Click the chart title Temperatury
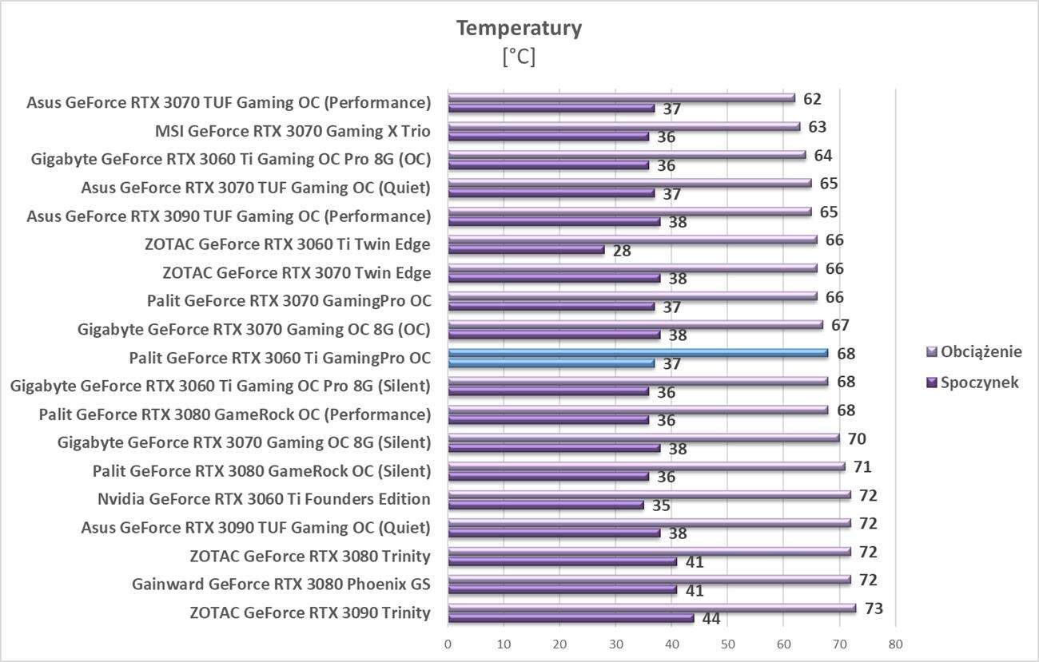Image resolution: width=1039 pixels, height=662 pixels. [x=519, y=29]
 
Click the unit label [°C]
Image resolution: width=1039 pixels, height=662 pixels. [x=519, y=57]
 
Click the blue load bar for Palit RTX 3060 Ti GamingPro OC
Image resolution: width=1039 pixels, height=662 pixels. [x=638, y=353]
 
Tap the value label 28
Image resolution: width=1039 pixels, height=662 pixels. [x=622, y=251]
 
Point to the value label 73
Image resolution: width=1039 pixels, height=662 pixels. [x=874, y=608]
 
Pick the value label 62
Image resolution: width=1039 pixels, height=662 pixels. [x=812, y=99]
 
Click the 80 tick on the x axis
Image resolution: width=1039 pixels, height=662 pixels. [x=895, y=644]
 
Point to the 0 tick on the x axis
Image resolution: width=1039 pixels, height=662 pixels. [x=448, y=644]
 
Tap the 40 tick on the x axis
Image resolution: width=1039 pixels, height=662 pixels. [x=671, y=644]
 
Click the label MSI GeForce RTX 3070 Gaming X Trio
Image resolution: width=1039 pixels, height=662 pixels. [x=293, y=131]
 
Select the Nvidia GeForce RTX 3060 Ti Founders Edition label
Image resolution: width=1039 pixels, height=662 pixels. [x=264, y=500]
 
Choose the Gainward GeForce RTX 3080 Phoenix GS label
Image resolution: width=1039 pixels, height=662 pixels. [x=281, y=585]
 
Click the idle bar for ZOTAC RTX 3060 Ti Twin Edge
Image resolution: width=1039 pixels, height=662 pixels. [x=526, y=250]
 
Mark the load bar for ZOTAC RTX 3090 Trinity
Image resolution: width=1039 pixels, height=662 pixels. [x=651, y=608]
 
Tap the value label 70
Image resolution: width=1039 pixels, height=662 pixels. [x=857, y=438]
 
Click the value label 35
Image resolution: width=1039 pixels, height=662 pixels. [x=661, y=505]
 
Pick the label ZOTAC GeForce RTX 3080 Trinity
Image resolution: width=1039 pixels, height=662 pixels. [x=310, y=557]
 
